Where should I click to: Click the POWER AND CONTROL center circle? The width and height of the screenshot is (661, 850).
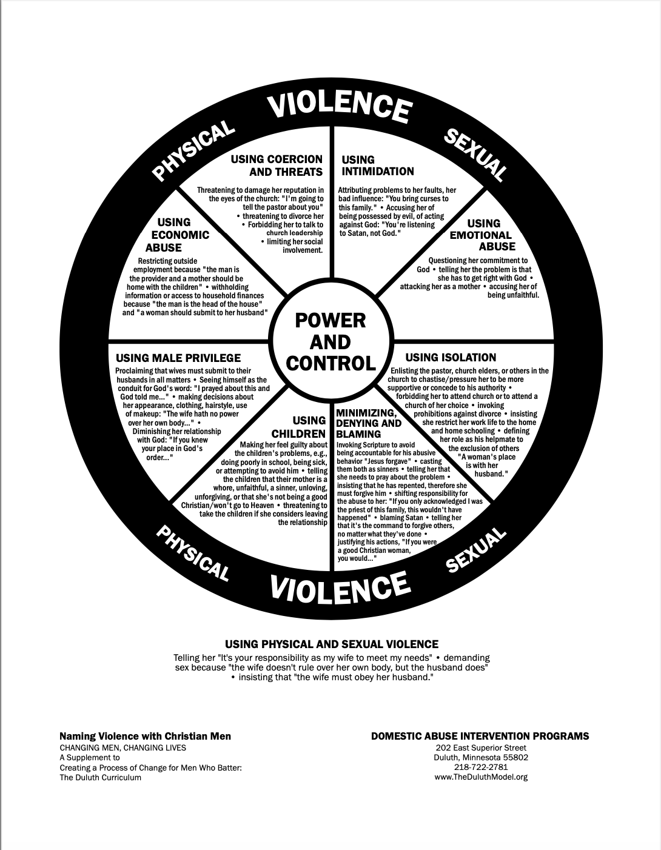click(330, 341)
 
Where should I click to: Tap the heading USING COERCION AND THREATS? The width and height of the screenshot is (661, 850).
click(277, 166)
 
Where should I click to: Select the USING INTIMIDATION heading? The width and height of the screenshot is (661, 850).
click(377, 166)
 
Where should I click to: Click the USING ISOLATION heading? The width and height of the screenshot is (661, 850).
click(451, 358)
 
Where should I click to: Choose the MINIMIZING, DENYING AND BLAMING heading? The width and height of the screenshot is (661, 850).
click(369, 423)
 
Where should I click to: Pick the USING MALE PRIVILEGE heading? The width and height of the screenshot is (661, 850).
click(178, 358)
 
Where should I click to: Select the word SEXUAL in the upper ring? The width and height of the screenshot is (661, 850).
click(475, 154)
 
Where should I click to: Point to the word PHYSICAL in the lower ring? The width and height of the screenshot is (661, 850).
click(193, 552)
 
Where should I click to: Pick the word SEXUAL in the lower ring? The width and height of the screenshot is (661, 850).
click(476, 549)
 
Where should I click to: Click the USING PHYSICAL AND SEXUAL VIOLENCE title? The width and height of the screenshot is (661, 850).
click(332, 644)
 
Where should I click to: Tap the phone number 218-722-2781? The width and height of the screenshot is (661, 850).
click(481, 767)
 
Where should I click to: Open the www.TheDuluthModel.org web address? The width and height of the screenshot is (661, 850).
click(481, 777)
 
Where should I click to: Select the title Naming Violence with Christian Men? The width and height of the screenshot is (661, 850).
click(145, 736)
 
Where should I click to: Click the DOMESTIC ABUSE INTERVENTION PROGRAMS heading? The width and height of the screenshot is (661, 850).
click(480, 736)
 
